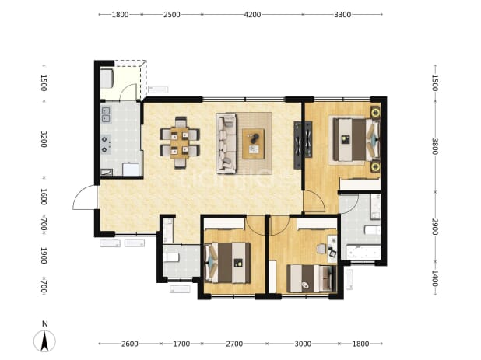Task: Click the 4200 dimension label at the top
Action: [x=252, y=15]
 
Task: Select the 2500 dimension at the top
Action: [x=171, y=15]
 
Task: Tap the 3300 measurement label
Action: [x=342, y=15]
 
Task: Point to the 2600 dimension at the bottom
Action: [x=129, y=344]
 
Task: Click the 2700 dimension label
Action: [x=234, y=344]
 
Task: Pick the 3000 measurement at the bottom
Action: [x=303, y=344]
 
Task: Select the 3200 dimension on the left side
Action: [x=44, y=139]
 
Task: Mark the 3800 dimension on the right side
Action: [x=435, y=146]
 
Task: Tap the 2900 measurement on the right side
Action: [x=435, y=227]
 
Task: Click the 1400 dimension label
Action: [x=435, y=278]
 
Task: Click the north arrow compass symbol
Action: [x=44, y=341]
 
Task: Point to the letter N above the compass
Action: [x=45, y=324]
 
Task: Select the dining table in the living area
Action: [x=180, y=142]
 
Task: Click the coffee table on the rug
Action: [x=254, y=144]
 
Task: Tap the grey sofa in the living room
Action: [x=226, y=143]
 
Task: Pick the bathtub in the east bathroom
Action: [x=363, y=252]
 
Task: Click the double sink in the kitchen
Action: [x=106, y=115]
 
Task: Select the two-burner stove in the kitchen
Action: [x=106, y=144]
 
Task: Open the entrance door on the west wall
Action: [x=85, y=197]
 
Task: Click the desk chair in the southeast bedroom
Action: [x=321, y=249]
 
